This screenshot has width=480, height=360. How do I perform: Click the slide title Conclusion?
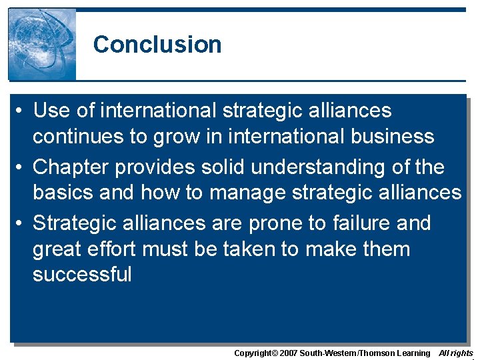point(157,45)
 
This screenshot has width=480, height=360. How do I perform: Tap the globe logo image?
point(42,44)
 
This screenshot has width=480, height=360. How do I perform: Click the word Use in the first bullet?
point(51,110)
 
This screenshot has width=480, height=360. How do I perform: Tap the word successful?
point(83,275)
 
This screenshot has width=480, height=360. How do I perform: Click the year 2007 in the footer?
point(287,353)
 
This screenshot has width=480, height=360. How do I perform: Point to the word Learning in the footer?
point(413,353)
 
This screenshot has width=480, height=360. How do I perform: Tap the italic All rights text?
point(456,353)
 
